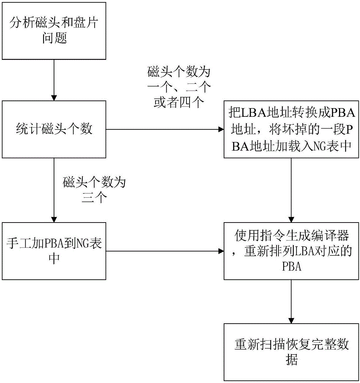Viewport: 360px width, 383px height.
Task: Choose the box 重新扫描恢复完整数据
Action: tap(292, 352)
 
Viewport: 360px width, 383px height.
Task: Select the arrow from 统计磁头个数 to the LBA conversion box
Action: tap(165, 130)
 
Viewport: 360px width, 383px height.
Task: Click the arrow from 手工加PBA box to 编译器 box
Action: tap(165, 252)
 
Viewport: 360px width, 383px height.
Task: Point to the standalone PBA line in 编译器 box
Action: tap(292, 267)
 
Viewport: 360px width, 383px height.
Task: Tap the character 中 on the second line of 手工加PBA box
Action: tap(54, 259)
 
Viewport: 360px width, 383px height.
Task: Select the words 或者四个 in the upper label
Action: tap(179, 103)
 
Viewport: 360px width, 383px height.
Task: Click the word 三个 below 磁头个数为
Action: tap(94, 199)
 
